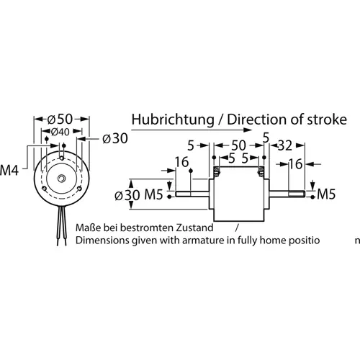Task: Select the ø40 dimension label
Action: click(60, 132)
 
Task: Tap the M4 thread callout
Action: click(9, 171)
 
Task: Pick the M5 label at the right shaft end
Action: click(327, 194)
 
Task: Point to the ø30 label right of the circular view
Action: click(115, 138)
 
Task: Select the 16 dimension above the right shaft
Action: click(295, 164)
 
